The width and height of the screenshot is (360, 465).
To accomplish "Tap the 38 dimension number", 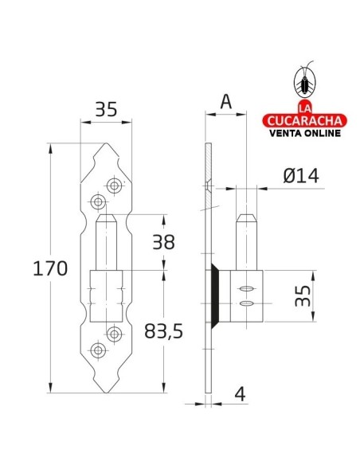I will click(x=162, y=242).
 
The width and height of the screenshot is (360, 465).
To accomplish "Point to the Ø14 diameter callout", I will click(x=301, y=177).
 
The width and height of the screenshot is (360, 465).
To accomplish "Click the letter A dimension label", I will click(x=225, y=101).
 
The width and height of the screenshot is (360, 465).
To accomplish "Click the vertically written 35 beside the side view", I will click(x=302, y=296).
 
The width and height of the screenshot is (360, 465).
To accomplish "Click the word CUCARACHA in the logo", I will click(x=305, y=120).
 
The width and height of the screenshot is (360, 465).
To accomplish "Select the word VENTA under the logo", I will click(x=291, y=132).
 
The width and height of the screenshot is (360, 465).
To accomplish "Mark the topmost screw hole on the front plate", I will click(x=115, y=185).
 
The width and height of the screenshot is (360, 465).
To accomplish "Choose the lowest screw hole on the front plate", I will click(x=99, y=349).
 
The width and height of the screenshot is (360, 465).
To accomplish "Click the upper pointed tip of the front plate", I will click(x=106, y=147).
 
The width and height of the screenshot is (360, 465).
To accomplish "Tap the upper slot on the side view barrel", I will click(x=246, y=288).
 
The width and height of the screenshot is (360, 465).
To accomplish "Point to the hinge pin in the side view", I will click(x=246, y=239).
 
